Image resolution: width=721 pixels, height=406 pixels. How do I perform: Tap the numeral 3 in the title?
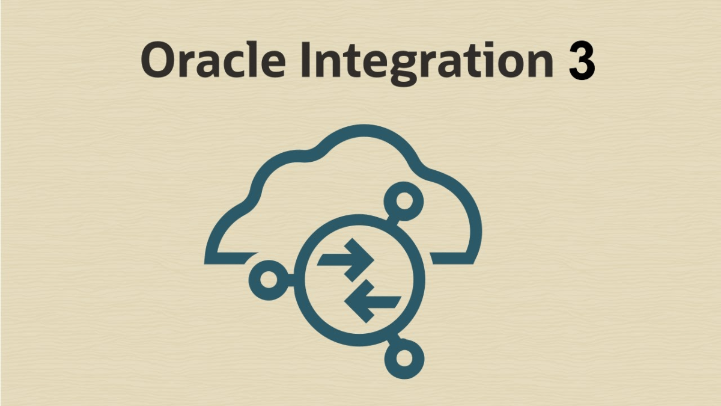tap(582, 61)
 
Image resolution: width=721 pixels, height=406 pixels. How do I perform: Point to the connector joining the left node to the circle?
tap(291, 280)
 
